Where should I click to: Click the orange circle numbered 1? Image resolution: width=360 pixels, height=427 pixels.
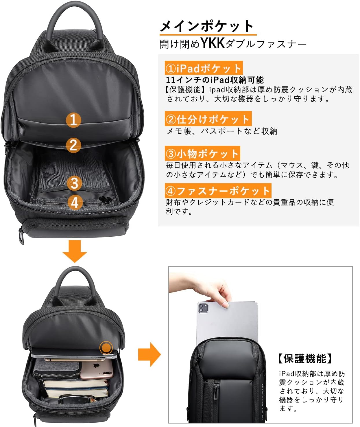click(73, 120)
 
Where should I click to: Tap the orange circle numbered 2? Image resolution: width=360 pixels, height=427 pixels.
click(73, 145)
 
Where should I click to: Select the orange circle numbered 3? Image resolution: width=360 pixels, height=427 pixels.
click(74, 183)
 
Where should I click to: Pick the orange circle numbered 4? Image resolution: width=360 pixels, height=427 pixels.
click(75, 203)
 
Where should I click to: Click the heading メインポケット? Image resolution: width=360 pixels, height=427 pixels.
click(207, 26)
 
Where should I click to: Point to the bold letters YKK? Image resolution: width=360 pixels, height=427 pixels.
click(213, 43)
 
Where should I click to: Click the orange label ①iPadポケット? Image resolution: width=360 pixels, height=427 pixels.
click(204, 68)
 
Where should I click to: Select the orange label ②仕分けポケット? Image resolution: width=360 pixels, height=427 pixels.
click(208, 119)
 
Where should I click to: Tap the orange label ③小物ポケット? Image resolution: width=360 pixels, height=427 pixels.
click(202, 153)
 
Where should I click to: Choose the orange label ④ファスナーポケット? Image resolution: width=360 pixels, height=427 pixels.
click(218, 190)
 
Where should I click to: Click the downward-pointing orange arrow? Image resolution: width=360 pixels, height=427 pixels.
click(75, 251)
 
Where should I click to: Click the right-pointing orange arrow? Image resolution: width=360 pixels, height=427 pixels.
click(149, 354)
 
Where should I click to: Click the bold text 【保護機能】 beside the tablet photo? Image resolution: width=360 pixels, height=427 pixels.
click(305, 358)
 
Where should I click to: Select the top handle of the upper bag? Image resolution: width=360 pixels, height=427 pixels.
click(74, 25)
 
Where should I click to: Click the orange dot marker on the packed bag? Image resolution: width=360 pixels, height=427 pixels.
click(106, 348)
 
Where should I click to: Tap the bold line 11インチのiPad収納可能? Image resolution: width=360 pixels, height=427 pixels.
click(215, 80)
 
